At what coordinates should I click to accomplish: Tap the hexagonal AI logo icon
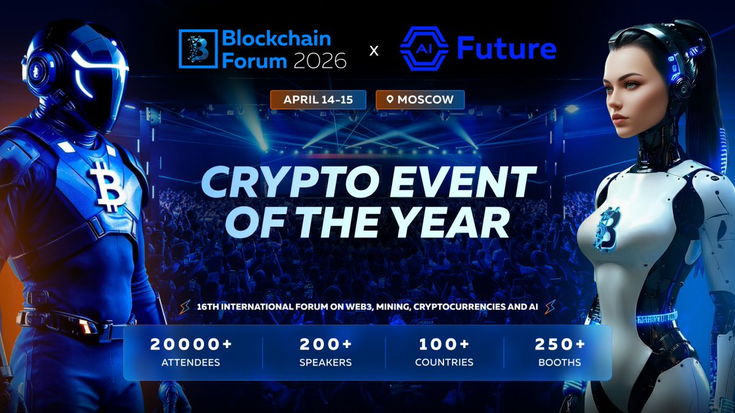click(x=424, y=48)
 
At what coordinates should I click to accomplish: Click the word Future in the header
click(x=507, y=48)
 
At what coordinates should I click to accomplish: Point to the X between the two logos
click(x=374, y=51)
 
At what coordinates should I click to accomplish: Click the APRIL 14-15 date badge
click(x=318, y=100)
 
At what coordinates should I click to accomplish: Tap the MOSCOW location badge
click(x=420, y=100)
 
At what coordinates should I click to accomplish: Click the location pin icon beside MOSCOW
click(x=388, y=100)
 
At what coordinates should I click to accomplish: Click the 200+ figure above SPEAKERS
click(x=325, y=344)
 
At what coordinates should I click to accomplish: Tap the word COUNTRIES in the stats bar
click(x=444, y=362)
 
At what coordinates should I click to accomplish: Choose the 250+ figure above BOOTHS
click(x=559, y=344)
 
